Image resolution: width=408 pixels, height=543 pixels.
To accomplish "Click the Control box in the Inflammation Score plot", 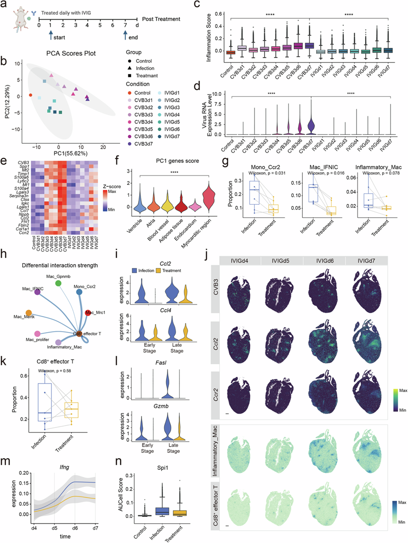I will pos(230,52).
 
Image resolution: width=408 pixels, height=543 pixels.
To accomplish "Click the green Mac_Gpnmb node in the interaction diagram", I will pos(58,283).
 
